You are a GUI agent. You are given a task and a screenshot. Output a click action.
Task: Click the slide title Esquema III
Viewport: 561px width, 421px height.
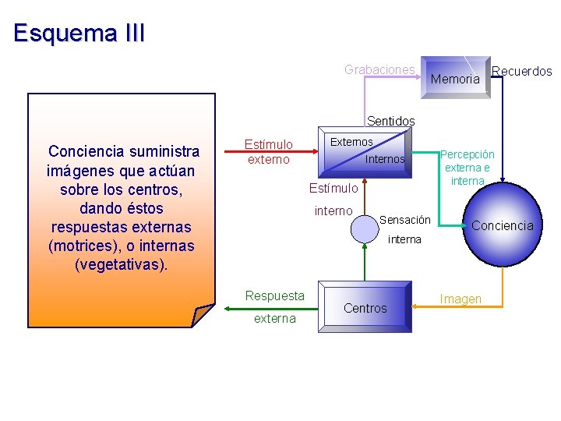pos(79,34)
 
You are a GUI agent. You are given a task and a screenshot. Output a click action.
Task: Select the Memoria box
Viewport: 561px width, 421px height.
pos(456,78)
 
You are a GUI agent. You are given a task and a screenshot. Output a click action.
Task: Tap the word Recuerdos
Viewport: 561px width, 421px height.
pos(522,71)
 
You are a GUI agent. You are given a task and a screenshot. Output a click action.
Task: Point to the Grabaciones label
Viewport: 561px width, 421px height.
pos(379,69)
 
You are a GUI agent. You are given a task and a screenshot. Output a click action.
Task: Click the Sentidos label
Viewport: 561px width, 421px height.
pos(390,121)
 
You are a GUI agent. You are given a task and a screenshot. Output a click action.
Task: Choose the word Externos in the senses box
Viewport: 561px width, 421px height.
pos(351,142)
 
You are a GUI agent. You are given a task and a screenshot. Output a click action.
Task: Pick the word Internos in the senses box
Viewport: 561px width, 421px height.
pos(385,159)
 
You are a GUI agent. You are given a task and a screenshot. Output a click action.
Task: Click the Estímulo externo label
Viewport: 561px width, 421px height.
pos(269,152)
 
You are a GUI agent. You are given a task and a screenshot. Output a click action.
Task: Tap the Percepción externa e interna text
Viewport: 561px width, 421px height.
pos(467,168)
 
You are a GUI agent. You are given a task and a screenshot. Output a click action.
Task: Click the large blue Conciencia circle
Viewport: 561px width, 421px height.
pos(501,225)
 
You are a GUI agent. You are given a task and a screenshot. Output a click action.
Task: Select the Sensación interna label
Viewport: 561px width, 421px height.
pos(404,229)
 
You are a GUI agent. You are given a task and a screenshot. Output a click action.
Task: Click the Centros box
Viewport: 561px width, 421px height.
pos(365,308)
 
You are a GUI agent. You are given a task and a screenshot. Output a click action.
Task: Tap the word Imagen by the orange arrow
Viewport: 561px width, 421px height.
pos(460,299)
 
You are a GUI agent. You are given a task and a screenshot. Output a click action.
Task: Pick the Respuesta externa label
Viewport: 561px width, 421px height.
pos(274,306)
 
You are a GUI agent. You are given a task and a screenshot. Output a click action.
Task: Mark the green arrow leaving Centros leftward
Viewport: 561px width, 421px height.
pos(273,307)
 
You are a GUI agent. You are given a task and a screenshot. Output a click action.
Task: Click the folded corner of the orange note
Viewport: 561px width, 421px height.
pos(202,315)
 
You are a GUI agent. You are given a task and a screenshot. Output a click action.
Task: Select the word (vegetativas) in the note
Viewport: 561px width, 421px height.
pos(121,265)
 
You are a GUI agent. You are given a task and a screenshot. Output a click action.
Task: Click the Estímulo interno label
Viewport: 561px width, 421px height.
pos(333,199)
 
